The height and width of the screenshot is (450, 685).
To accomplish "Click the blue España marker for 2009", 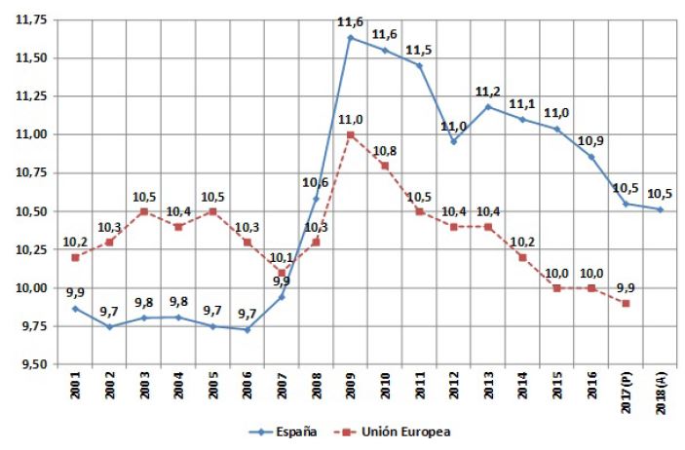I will pos(350,37).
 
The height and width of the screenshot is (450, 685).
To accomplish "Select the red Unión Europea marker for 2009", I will pos(350,134).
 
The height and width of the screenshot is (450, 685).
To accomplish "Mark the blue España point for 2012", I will pos(453,141).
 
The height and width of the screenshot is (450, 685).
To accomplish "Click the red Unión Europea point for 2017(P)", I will pos(625,303).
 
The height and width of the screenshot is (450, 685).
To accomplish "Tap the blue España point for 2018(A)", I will pos(660,209).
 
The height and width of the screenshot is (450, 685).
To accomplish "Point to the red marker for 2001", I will pos(76,257).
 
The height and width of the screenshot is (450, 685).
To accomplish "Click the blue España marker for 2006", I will pos(247,329).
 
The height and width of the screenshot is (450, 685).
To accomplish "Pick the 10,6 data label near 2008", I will pos(315,182).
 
